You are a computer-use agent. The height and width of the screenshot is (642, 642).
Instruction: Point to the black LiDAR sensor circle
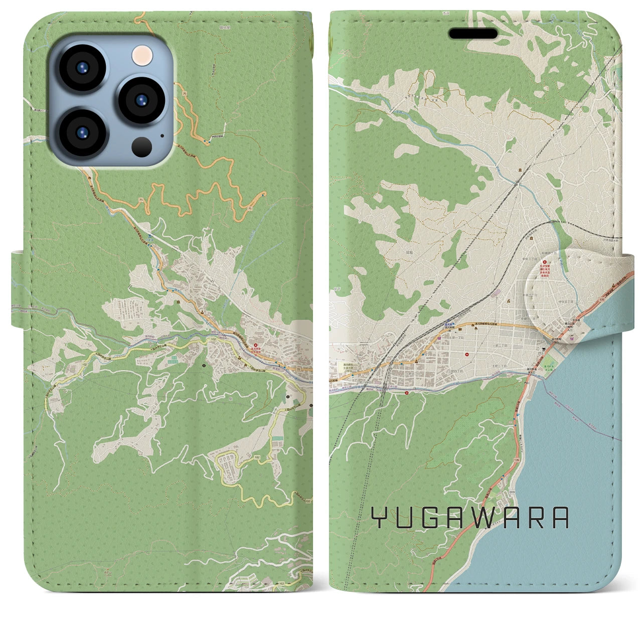coord(142,146)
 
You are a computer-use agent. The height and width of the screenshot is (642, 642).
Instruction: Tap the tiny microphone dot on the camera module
coord(162,135)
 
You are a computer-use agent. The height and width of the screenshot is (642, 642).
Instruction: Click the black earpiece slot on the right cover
coord(473,34)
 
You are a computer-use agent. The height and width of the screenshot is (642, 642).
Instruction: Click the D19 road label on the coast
coord(512,493)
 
